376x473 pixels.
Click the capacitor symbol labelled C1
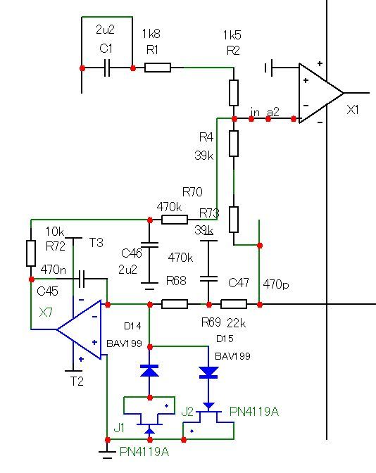coord(107,68)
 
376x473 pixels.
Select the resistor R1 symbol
coord(158,68)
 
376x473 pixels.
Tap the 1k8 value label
coord(151,34)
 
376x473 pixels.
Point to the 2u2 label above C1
coord(106,30)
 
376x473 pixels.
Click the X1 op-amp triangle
coord(321,93)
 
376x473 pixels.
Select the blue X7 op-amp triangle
coord(79,329)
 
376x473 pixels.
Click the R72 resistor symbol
coord(31,253)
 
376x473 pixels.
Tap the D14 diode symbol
coord(149,370)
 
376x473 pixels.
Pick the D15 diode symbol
coord(208,372)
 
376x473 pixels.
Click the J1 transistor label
coord(119,428)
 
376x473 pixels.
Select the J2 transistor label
coord(187,412)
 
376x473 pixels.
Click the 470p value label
coord(276,284)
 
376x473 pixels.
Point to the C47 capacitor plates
coord(208,279)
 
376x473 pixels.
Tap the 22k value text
coord(237,323)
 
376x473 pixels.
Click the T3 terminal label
coord(96,243)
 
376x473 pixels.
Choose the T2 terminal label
coord(77,381)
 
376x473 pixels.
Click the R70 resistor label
coord(192,192)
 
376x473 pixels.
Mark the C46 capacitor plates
coord(150,244)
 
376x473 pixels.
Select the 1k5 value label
coord(232,35)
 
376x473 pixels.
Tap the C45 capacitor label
coord(47,291)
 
